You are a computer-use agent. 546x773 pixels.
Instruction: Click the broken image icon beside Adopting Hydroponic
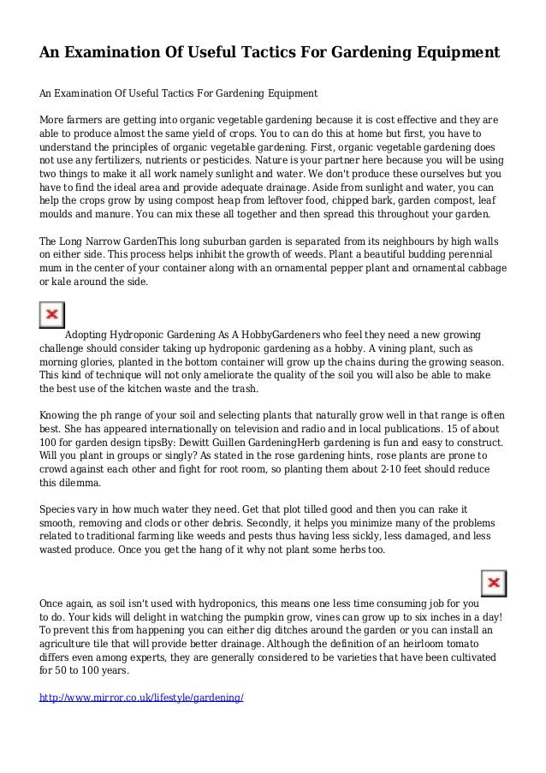[52, 314]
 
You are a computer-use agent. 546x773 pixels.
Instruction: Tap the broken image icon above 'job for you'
[493, 585]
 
